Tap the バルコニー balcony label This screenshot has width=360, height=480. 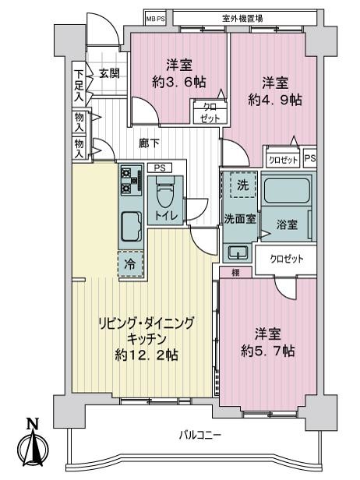[x=198, y=434]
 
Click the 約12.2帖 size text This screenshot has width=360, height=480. [x=144, y=355]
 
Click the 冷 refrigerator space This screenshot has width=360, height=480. [x=130, y=264]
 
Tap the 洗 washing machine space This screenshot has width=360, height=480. [x=242, y=187]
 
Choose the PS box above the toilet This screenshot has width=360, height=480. [x=158, y=167]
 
